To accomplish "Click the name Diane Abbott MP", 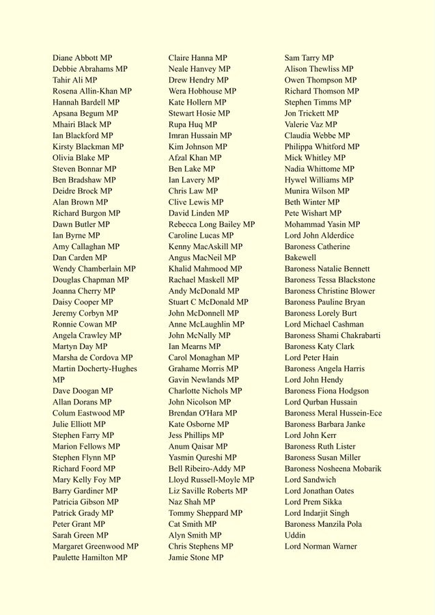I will click(82, 58).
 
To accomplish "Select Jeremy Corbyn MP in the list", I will click(85, 313).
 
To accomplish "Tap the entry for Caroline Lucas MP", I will click(201, 235).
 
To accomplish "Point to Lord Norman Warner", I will click(320, 546).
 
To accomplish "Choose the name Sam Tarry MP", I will click(309, 58).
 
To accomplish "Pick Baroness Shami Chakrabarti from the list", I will click(332, 336).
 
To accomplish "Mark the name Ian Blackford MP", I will click(83, 135).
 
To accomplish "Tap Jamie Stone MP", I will click(195, 558).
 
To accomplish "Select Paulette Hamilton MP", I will click(89, 558).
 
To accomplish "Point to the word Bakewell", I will click(300, 258).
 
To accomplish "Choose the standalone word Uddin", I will click(296, 535).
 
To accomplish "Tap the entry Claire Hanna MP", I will click(197, 58).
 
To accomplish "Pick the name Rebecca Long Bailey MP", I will click(211, 224).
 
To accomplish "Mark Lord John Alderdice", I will click(319, 235).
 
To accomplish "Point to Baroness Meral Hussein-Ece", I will click(333, 413).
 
